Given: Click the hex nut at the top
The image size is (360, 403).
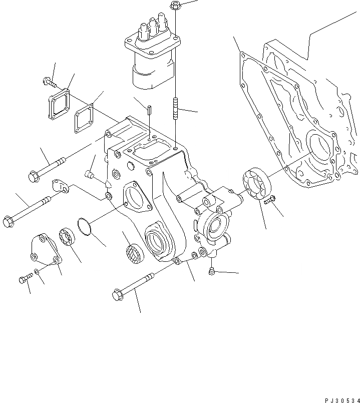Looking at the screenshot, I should (176, 6).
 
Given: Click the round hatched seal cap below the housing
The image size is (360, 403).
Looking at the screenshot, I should (134, 253).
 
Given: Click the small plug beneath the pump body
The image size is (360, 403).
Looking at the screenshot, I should (211, 271).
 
